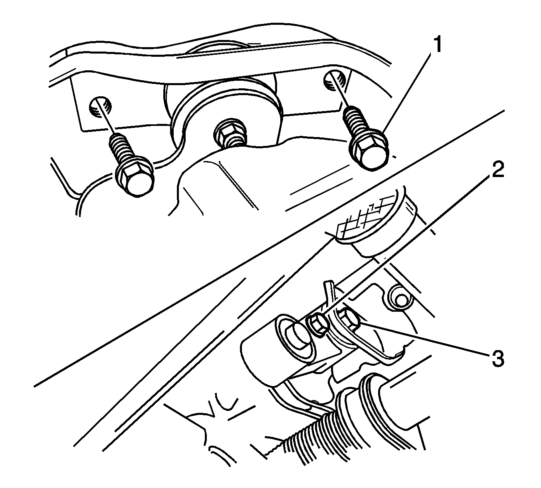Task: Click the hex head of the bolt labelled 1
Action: coord(369,154)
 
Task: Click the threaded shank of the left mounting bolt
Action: coord(120,149)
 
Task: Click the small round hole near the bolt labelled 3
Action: coord(400,300)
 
